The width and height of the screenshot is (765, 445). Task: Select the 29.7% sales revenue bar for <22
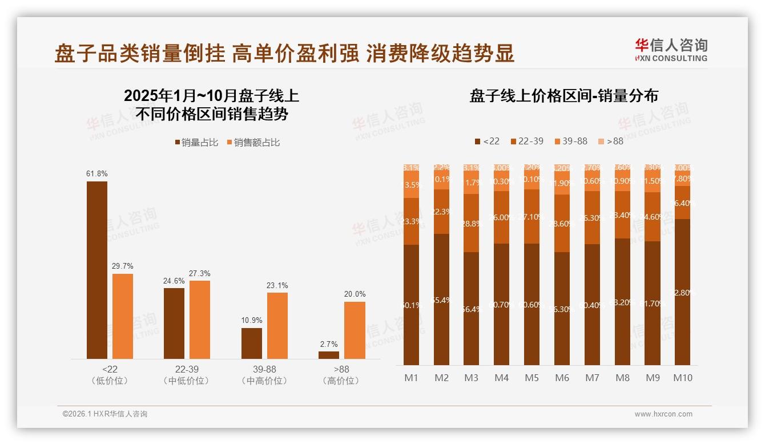tap(123, 316)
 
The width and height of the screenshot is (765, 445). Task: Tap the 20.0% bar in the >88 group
tap(355, 330)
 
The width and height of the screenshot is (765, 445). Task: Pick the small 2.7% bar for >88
tap(329, 355)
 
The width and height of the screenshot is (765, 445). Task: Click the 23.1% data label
tap(277, 285)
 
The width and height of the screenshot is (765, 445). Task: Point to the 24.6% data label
tap(174, 281)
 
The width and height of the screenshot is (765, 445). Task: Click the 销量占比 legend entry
tap(196, 143)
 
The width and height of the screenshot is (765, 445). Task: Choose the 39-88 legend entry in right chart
tap(570, 141)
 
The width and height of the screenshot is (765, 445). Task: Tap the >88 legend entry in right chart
tap(610, 141)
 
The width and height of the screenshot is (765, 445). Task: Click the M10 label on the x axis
tap(682, 378)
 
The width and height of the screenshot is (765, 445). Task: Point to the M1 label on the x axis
tap(412, 378)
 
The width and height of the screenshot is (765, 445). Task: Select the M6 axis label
tap(562, 378)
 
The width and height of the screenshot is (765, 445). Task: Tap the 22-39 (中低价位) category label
tap(187, 375)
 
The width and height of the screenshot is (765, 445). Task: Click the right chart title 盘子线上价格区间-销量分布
tap(563, 96)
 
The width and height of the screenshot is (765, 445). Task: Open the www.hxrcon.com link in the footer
tap(663, 414)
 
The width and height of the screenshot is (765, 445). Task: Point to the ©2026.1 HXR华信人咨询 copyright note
tap(105, 414)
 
